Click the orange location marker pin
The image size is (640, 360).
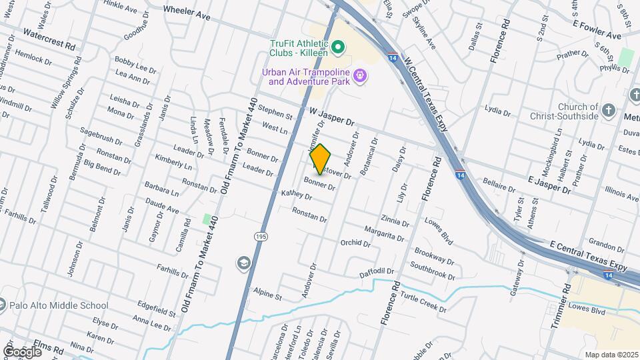(x=320, y=159)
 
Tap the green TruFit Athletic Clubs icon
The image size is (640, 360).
(x=337, y=47)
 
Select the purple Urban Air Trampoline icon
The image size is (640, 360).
(x=361, y=77)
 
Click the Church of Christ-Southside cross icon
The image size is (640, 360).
(x=608, y=111)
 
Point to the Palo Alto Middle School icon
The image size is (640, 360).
(x=3, y=306)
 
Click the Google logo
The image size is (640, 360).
(x=22, y=351)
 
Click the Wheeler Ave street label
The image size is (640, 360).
(x=187, y=11)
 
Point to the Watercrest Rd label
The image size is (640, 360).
(x=49, y=39)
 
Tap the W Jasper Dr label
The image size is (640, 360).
(x=331, y=117)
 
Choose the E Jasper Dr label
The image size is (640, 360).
(x=549, y=185)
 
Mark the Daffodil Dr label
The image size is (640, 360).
(x=377, y=271)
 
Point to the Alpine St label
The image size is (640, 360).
(x=268, y=292)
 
